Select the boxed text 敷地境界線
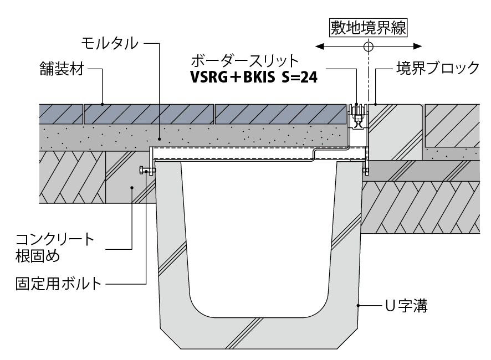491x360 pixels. tap(368, 27)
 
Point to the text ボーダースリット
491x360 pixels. tap(244, 60)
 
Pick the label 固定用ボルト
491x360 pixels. tap(58, 285)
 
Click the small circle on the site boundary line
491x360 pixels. tap(368, 46)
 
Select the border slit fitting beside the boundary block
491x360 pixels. tap(357, 117)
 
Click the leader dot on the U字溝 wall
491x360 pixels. tap(359, 305)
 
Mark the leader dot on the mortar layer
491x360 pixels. tap(160, 140)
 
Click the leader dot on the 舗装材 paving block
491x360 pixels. tap(102, 104)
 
